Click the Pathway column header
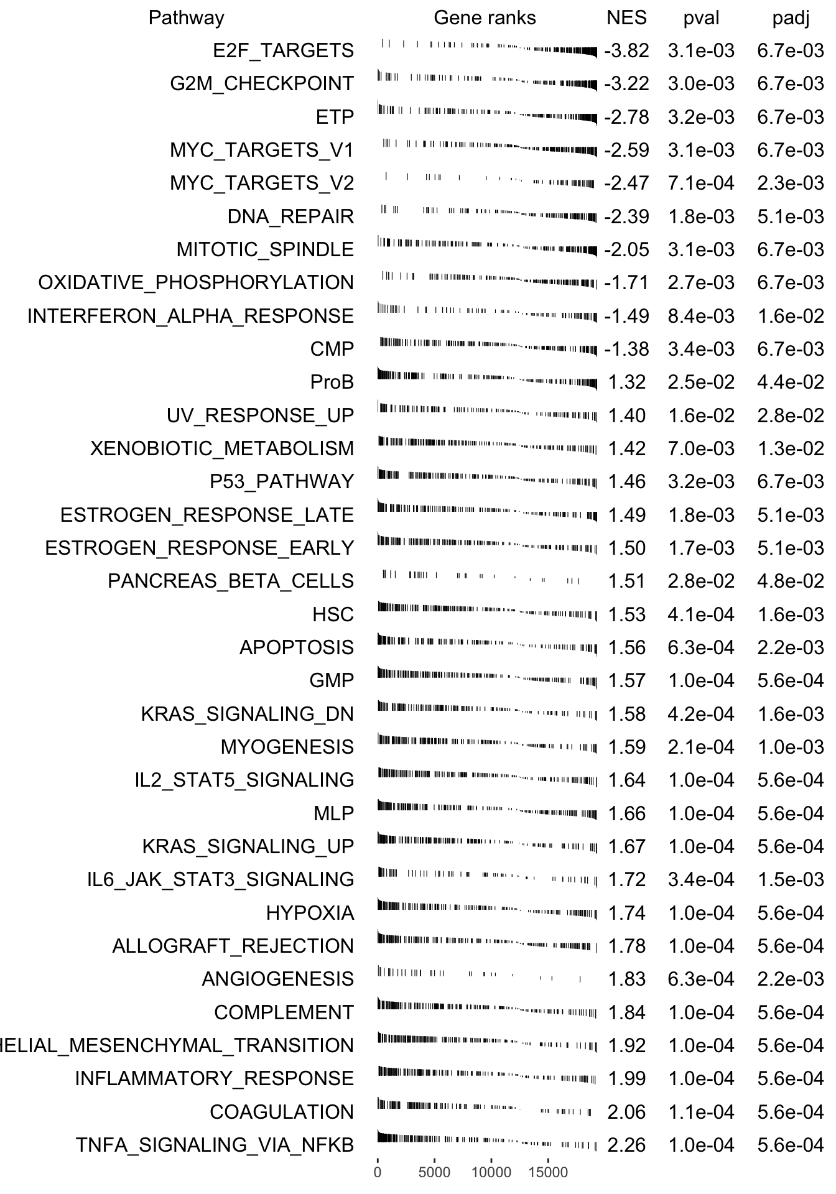(x=186, y=18)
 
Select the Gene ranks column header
(x=485, y=18)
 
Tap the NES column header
(x=626, y=18)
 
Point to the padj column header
(x=791, y=19)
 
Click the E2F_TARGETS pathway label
(x=283, y=50)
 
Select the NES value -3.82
(x=626, y=50)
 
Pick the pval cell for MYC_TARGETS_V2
(x=701, y=183)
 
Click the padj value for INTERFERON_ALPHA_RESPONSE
(x=791, y=316)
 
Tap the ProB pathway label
(x=332, y=382)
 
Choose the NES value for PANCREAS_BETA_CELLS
(x=626, y=581)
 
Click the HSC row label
(x=333, y=614)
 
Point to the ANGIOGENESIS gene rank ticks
(x=479, y=979)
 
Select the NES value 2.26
(x=626, y=1145)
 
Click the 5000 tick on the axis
(x=434, y=1173)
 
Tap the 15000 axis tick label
(x=548, y=1173)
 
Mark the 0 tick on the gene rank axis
(x=378, y=1173)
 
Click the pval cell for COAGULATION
(x=701, y=1112)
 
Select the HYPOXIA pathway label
(x=310, y=913)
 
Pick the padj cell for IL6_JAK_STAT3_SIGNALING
(x=791, y=879)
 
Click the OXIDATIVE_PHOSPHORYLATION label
(x=196, y=282)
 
